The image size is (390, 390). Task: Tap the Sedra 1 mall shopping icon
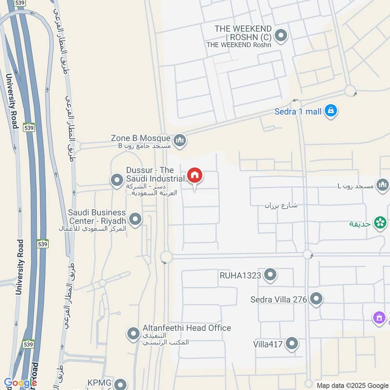(331, 111)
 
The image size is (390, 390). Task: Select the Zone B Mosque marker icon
(180, 141)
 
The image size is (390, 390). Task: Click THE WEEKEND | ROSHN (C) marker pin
(280, 36)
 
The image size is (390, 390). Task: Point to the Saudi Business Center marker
(136, 220)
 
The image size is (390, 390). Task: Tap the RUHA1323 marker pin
(270, 275)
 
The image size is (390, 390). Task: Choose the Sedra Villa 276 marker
(316, 299)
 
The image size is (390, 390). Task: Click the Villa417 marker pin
(292, 344)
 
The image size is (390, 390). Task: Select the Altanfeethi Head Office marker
(133, 334)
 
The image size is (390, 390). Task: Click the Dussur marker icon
(117, 181)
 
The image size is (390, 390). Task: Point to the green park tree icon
(380, 222)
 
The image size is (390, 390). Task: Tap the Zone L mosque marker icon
(382, 185)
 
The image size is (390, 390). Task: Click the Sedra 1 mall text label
(298, 112)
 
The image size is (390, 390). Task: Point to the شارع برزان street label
(281, 205)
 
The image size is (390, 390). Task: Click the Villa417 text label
(268, 345)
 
